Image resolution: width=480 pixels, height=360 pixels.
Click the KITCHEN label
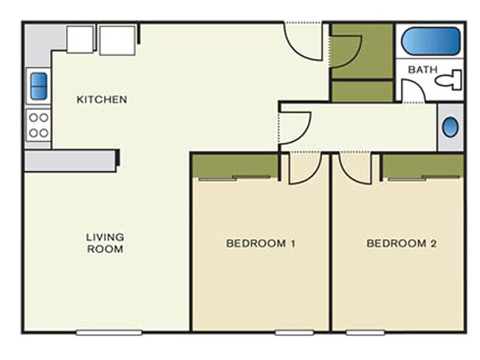[103, 99]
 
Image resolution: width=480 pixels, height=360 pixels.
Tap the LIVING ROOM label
[105, 243]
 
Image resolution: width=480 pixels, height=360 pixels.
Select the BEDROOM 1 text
[261, 243]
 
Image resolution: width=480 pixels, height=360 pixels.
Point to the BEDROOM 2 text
[397, 243]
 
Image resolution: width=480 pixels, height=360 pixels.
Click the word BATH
[423, 70]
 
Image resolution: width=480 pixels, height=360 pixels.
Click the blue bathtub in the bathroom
[431, 40]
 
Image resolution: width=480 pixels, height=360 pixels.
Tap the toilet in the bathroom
[450, 79]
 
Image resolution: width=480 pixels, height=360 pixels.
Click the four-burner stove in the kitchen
[38, 125]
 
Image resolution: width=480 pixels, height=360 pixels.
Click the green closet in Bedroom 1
[235, 166]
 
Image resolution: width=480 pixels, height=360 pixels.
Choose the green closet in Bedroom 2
[422, 166]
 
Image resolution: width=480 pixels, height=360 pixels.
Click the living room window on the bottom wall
[109, 332]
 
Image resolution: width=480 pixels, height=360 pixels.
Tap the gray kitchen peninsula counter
[70, 160]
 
